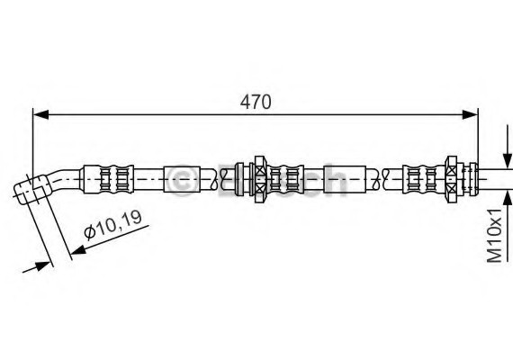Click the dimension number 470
click(256, 102)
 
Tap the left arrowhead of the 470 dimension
click(40, 115)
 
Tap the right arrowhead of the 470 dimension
click(470, 115)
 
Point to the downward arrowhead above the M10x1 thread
click(508, 161)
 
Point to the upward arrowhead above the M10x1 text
click(508, 199)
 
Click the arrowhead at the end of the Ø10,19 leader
click(78, 249)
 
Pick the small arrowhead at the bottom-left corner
click(41, 266)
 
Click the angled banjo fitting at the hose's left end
click(32, 190)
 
